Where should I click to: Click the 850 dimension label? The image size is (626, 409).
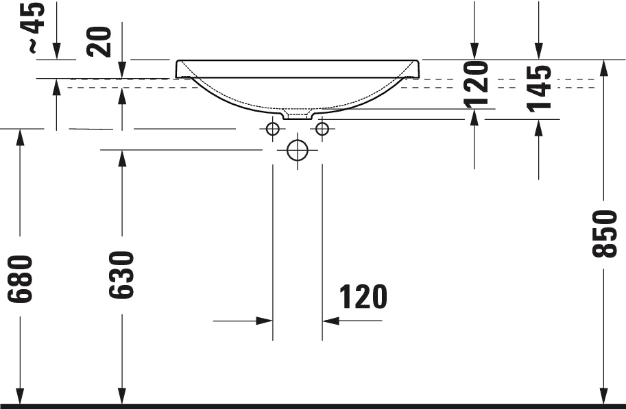(x=607, y=234)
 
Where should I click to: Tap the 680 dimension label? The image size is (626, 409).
(x=21, y=279)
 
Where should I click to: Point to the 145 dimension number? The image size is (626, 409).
(x=539, y=87)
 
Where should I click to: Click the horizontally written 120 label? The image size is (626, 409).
(x=363, y=297)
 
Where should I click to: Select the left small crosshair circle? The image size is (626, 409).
(x=272, y=128)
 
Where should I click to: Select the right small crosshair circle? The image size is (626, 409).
(x=322, y=128)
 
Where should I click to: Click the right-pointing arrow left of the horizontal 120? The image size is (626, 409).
(x=265, y=320)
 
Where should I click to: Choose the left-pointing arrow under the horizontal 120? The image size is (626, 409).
(x=331, y=320)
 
